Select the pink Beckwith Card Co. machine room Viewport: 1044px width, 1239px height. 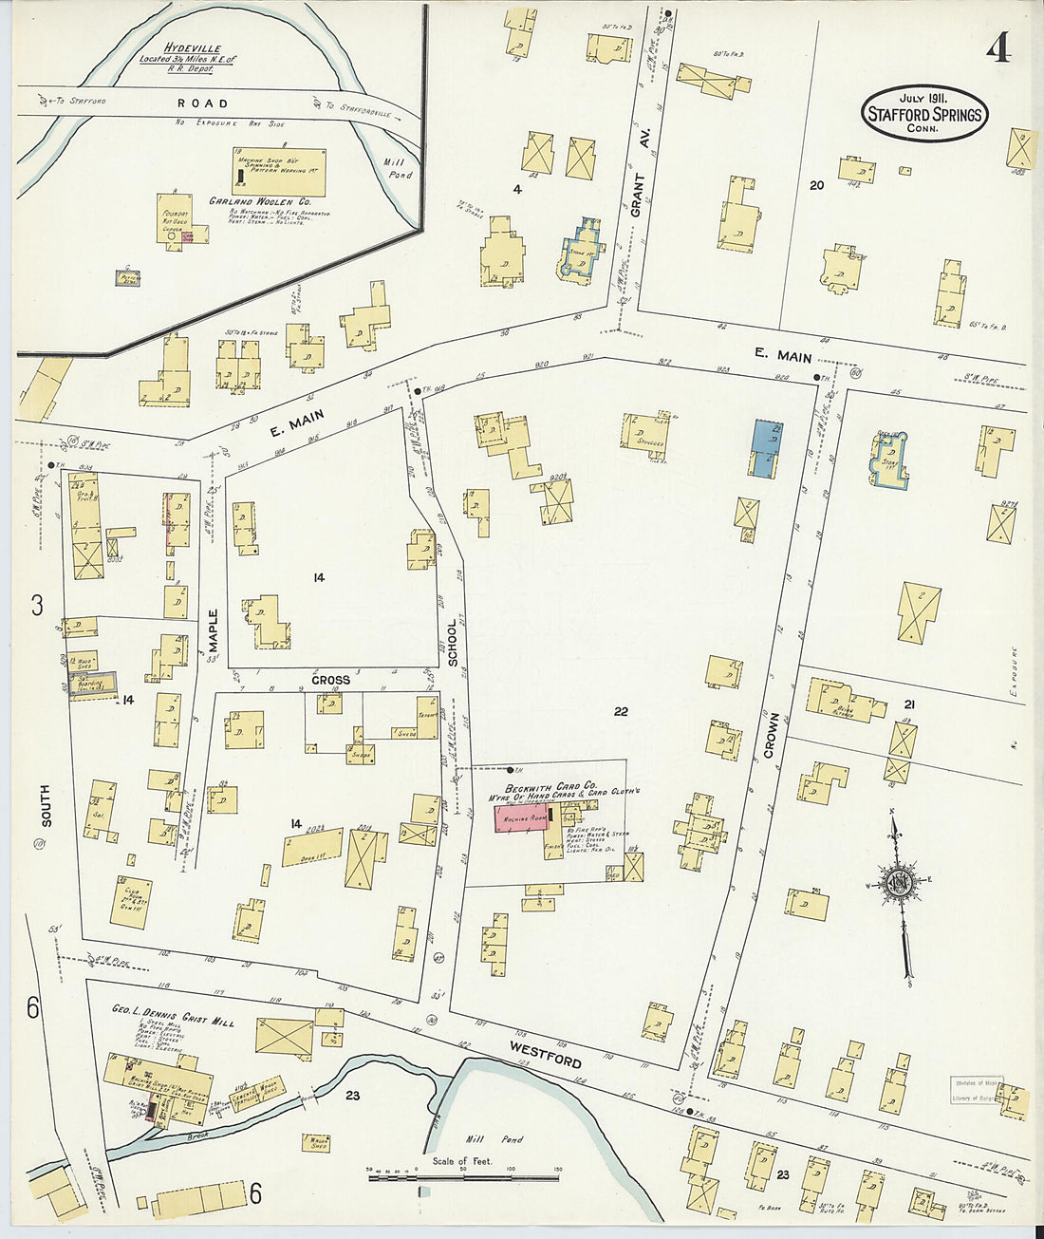(x=519, y=818)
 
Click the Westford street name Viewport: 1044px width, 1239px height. (x=545, y=1054)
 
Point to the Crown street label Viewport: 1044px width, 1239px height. (x=771, y=735)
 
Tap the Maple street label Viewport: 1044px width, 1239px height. (x=213, y=631)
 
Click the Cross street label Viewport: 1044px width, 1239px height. (x=329, y=680)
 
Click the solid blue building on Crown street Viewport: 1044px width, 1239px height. (x=766, y=448)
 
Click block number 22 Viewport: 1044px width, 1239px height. (x=621, y=711)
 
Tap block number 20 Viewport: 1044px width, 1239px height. (x=816, y=185)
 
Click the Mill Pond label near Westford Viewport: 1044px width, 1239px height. (x=507, y=1139)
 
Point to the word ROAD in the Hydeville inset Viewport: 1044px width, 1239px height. (x=202, y=103)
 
